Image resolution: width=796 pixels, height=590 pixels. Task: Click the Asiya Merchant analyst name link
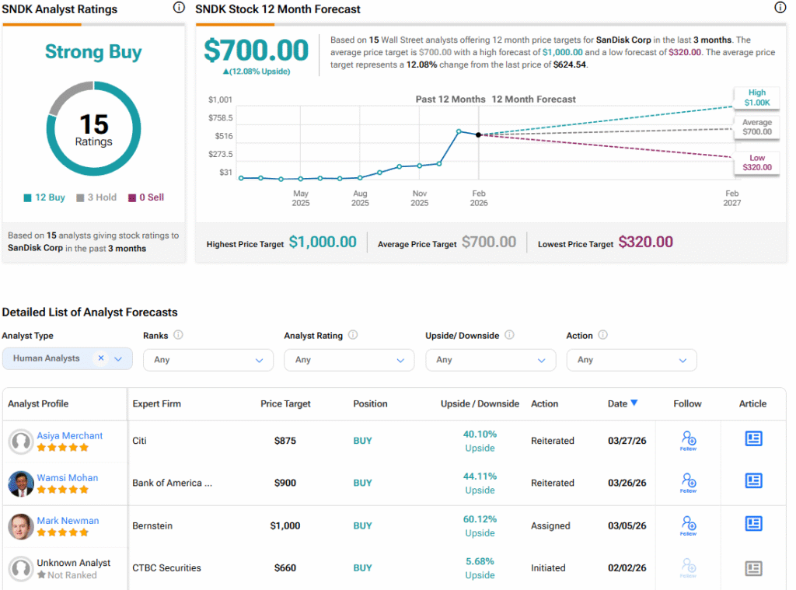tap(70, 436)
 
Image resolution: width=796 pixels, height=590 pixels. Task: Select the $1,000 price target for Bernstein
tap(285, 525)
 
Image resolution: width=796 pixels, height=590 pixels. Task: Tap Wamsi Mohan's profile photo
tap(20, 484)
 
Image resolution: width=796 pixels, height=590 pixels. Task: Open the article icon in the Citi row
tap(752, 439)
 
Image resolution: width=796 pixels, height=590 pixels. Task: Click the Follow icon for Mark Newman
tap(688, 525)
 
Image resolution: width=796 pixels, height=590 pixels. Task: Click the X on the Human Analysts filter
tap(100, 358)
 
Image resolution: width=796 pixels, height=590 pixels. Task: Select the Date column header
tap(622, 403)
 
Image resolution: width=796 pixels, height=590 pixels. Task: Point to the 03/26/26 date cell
tap(627, 483)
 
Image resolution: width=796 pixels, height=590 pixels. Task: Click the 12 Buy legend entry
tap(44, 197)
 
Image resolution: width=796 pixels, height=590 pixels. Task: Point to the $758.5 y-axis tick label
tap(220, 117)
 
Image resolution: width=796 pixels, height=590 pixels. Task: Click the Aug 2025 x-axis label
tap(360, 198)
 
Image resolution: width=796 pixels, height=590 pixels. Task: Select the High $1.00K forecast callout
tap(756, 97)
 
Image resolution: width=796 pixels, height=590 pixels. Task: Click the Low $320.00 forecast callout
tap(756, 162)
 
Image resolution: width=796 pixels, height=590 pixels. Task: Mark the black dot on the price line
tap(478, 134)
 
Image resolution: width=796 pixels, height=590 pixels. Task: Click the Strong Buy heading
tap(93, 52)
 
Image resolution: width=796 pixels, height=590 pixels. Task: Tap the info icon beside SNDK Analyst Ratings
tap(179, 9)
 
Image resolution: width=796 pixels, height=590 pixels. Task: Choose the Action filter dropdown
tap(631, 360)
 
